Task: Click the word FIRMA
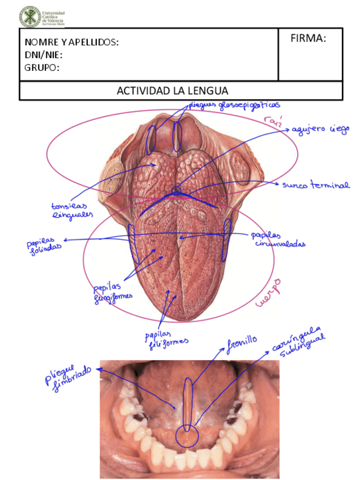[308, 39]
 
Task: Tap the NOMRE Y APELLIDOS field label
[71, 43]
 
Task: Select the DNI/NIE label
[43, 55]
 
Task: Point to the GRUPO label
[42, 68]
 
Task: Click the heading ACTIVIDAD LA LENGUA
[172, 91]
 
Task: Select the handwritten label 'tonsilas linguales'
[72, 211]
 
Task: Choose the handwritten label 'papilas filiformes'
[165, 336]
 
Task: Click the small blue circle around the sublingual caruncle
[186, 436]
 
